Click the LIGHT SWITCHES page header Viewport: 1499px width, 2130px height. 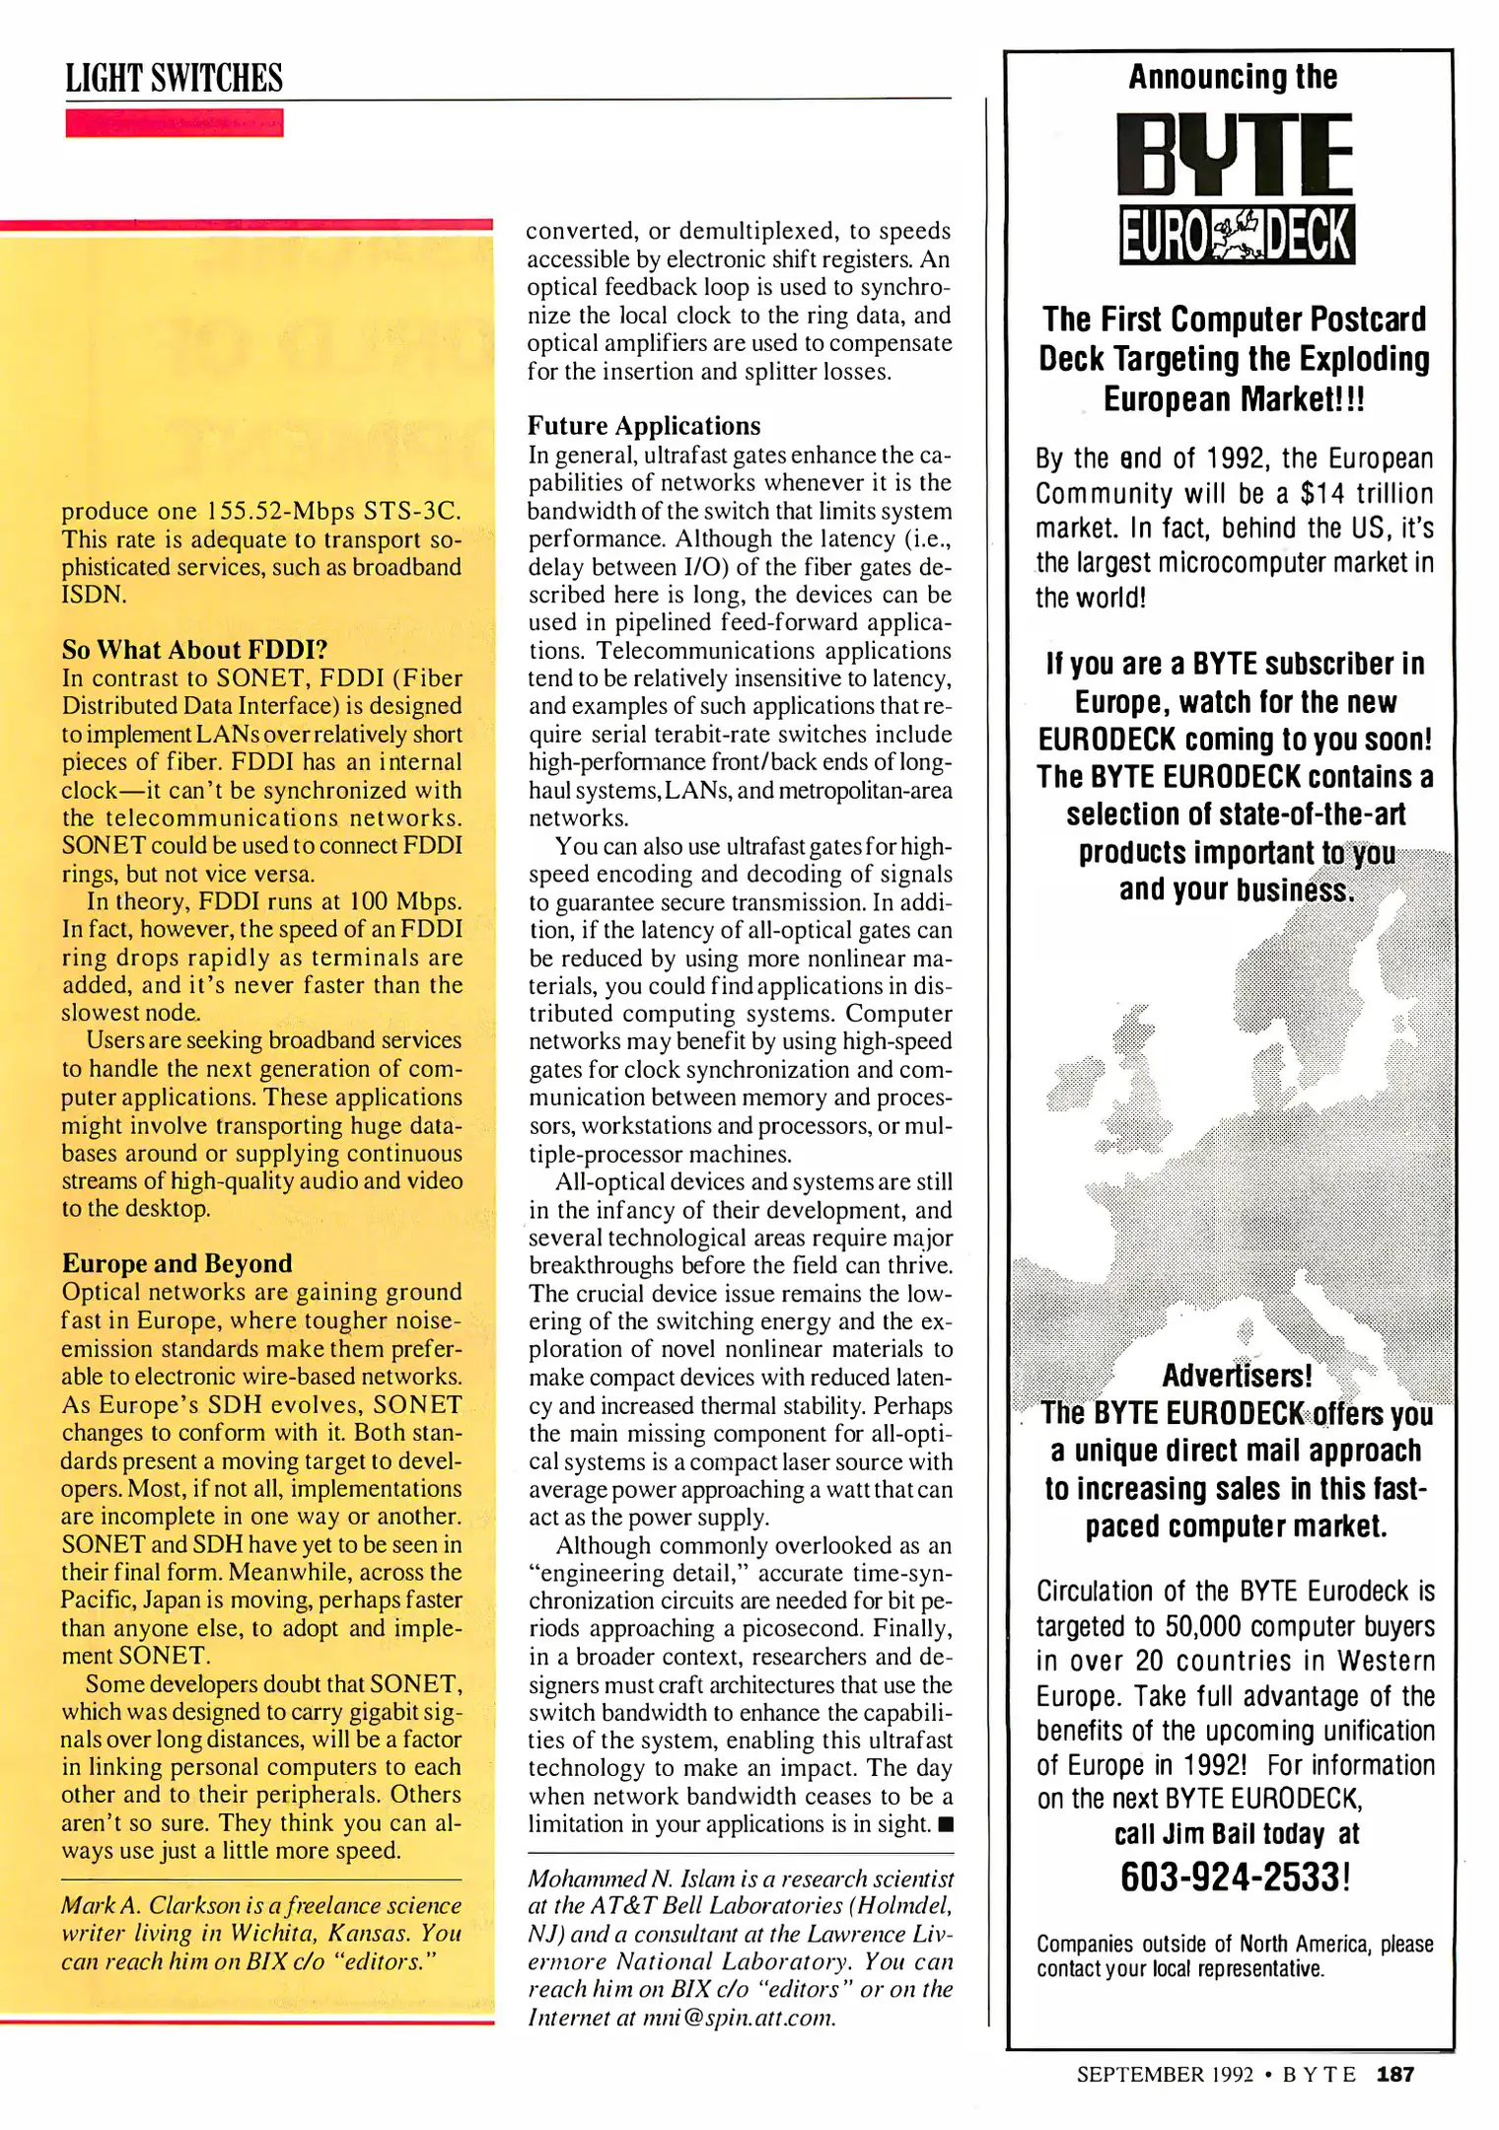click(x=174, y=78)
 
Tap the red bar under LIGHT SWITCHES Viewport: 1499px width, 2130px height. click(x=174, y=123)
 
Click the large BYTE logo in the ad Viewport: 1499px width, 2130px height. click(x=1235, y=155)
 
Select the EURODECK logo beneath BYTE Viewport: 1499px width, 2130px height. click(x=1237, y=235)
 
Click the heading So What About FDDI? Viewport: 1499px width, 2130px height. click(x=194, y=650)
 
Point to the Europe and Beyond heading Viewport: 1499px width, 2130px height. click(x=178, y=1263)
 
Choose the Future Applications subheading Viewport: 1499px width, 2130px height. click(x=644, y=426)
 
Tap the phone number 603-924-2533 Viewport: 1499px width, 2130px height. click(x=1233, y=1877)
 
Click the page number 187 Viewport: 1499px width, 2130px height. click(x=1395, y=2074)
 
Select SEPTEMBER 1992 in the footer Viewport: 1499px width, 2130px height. click(x=1165, y=2074)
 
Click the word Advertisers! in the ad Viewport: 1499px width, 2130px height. click(x=1237, y=1376)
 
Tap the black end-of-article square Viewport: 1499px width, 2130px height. click(x=946, y=1824)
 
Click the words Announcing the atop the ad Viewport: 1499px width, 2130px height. click(x=1233, y=77)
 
